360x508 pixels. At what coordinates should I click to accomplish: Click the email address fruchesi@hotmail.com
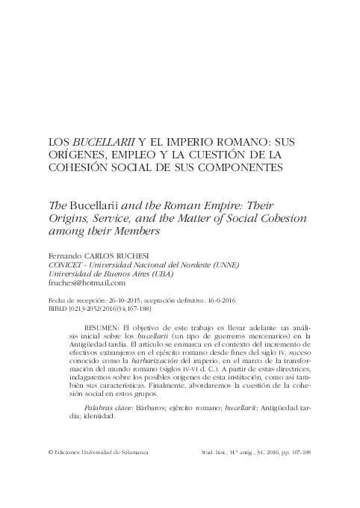click(86, 283)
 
